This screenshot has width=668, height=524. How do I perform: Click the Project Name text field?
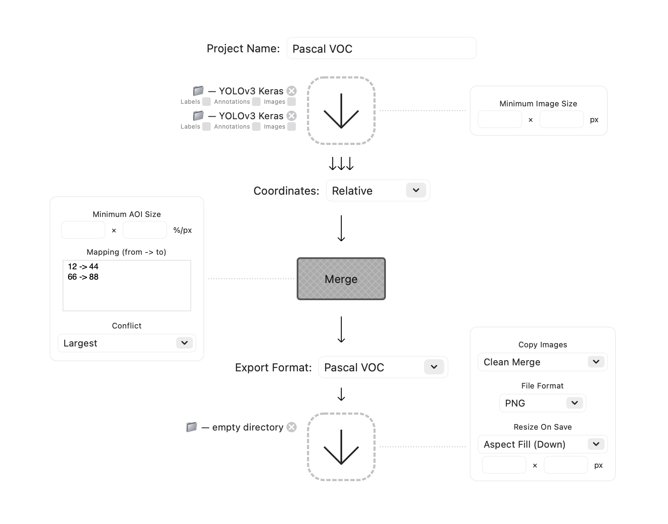point(381,48)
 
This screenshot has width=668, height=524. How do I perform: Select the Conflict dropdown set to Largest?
point(126,343)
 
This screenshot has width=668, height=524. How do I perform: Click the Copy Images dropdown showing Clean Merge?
point(542,362)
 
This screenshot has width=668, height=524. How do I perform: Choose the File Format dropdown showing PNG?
point(542,403)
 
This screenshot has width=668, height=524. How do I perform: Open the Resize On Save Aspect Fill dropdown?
point(542,444)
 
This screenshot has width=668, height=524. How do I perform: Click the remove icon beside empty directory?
point(292,427)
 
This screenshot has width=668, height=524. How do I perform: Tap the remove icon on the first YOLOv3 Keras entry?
point(292,91)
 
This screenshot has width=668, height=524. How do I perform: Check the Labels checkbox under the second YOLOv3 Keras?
point(207,126)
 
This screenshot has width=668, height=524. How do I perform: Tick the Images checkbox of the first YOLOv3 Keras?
point(292,102)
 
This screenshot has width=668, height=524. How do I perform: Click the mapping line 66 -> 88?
point(83,277)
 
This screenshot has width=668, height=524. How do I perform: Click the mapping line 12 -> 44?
point(83,267)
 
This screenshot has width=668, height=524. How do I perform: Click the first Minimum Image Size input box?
point(499,119)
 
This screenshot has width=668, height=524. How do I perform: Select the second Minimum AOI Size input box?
point(144,230)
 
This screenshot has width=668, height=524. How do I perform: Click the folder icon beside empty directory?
point(192,427)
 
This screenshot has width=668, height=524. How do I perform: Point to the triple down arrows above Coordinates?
point(341,164)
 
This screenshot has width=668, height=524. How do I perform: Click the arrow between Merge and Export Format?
point(341,329)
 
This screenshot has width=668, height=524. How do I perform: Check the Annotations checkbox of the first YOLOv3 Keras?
point(256,102)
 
